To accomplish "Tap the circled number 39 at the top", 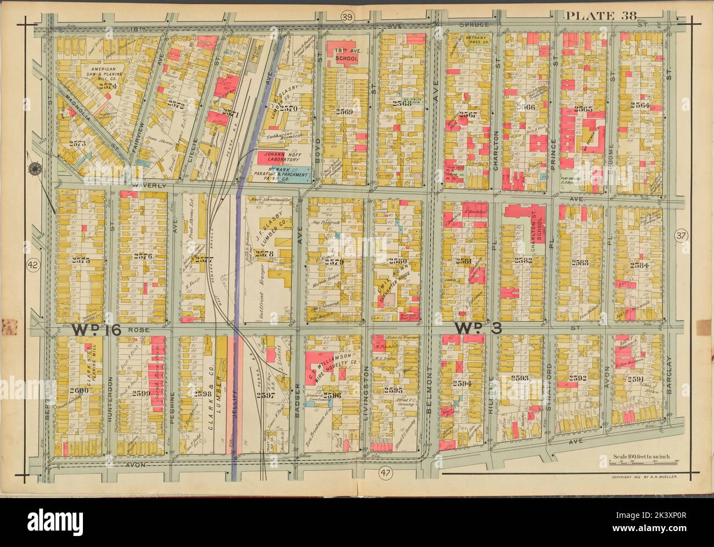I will (347, 18).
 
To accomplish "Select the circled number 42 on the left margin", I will (32, 265).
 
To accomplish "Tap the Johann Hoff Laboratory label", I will (281, 158).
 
